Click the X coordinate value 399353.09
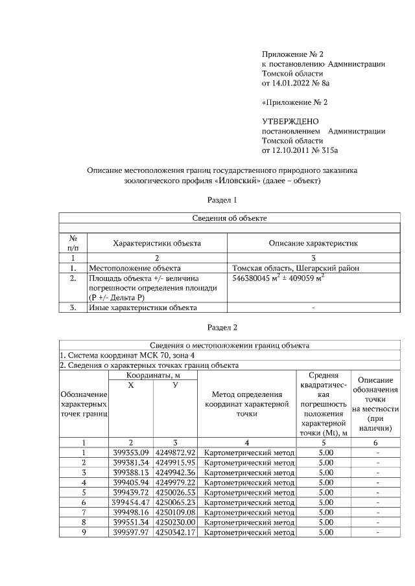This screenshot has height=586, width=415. pyautogui.click(x=131, y=453)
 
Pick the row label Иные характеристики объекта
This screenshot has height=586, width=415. pyautogui.click(x=143, y=308)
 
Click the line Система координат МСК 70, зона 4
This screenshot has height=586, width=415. pyautogui.click(x=126, y=355)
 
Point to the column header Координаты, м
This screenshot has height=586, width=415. pyautogui.click(x=152, y=376)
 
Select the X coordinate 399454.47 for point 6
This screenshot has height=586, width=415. pyautogui.click(x=131, y=502)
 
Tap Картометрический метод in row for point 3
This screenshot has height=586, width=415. pyautogui.click(x=249, y=473)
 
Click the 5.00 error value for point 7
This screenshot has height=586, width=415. pyautogui.click(x=326, y=512)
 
